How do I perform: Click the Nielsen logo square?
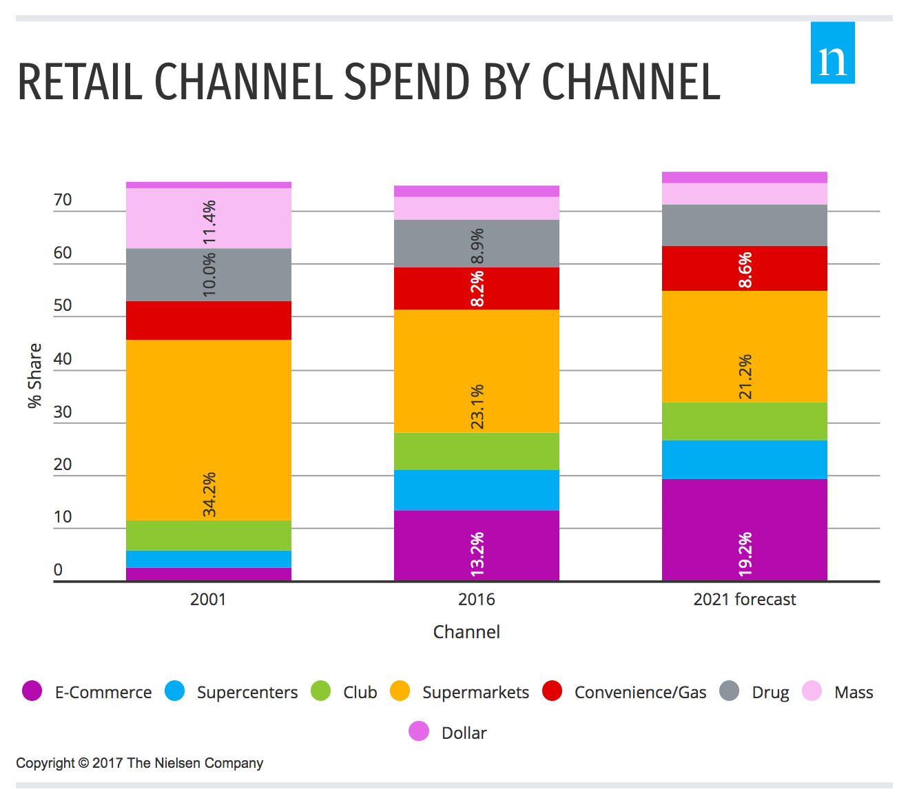pos(832,53)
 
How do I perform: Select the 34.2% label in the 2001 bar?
pos(209,494)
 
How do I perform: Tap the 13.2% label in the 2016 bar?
pos(477,553)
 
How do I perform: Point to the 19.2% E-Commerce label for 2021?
pos(745,553)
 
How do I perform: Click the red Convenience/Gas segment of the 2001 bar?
pos(209,320)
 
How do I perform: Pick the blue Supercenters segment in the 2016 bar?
pos(477,490)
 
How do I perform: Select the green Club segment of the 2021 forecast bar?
pos(745,421)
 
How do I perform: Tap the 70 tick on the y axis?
pos(63,200)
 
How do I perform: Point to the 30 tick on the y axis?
pos(63,411)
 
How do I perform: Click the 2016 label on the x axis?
pos(477,600)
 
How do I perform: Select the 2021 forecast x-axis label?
pos(744,600)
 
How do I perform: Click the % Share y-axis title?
pos(34,376)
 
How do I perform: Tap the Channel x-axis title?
pos(466,632)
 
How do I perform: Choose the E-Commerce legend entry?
pos(87,692)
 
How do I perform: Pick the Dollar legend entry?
pos(448,733)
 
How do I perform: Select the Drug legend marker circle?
pos(729,691)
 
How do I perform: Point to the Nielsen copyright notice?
pos(140,763)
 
